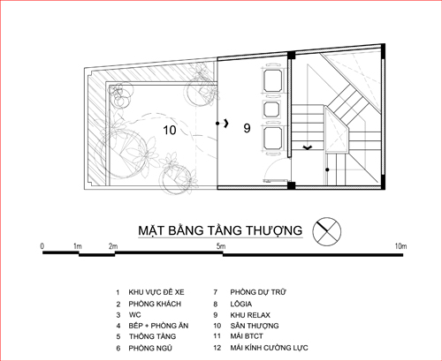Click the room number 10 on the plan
(x=170, y=130)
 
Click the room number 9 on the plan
(x=247, y=128)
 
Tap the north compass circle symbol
(x=327, y=231)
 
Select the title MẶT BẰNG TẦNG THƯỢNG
(x=220, y=230)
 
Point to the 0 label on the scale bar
(x=42, y=246)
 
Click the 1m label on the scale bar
(x=78, y=246)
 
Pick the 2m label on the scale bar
(x=113, y=246)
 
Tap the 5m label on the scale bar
(x=221, y=246)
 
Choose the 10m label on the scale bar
(x=400, y=246)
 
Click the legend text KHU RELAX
(x=250, y=315)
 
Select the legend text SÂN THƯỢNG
(x=255, y=326)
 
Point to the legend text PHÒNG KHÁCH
(x=155, y=304)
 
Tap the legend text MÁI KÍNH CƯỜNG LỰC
(x=270, y=348)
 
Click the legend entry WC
(x=135, y=315)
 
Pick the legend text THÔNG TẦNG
(x=152, y=336)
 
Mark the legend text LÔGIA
(x=241, y=304)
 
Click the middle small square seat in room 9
(x=271, y=109)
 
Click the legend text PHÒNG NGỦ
(x=150, y=348)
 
